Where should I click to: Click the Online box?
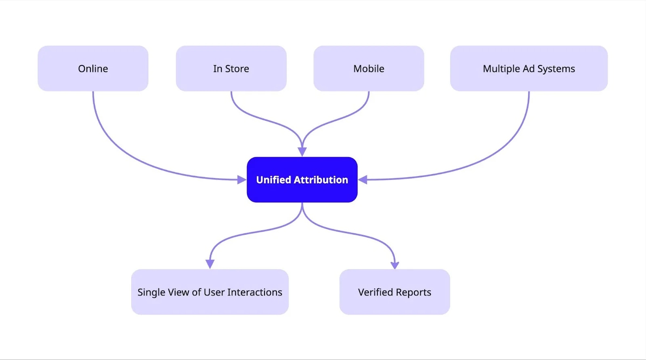pyautogui.click(x=93, y=68)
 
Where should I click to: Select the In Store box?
pyautogui.click(x=231, y=68)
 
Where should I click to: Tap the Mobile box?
pyautogui.click(x=369, y=68)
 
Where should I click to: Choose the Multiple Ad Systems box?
pyautogui.click(x=529, y=68)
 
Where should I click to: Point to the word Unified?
pyautogui.click(x=273, y=180)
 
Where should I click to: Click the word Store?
pyautogui.click(x=237, y=69)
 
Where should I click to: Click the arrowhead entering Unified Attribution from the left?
pyautogui.click(x=241, y=180)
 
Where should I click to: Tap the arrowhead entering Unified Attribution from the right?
pyautogui.click(x=363, y=180)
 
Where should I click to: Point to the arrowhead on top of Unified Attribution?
pyautogui.click(x=302, y=152)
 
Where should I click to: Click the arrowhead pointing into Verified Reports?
pyautogui.click(x=395, y=265)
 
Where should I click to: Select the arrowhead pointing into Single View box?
pyautogui.click(x=210, y=264)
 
